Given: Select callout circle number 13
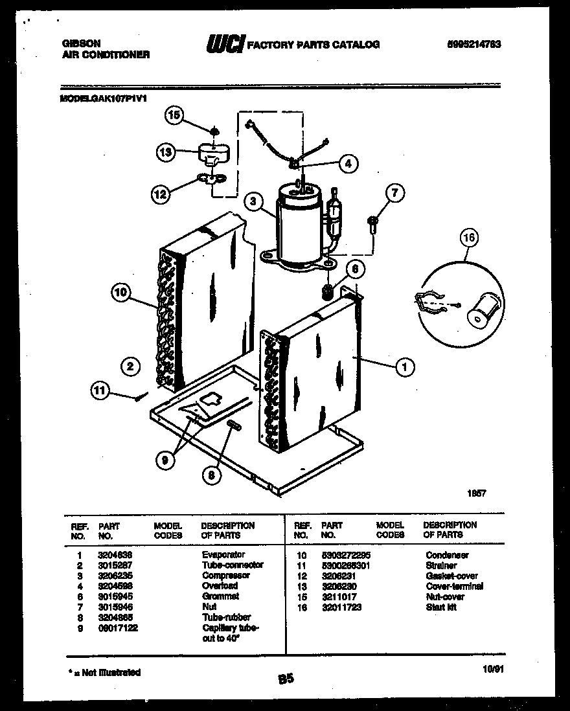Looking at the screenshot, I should (x=166, y=153).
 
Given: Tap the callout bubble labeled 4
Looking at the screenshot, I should (x=348, y=164).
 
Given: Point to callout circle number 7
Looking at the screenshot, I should (x=394, y=193).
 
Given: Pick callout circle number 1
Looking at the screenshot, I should (x=405, y=368).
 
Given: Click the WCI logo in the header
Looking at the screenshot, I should (x=224, y=44).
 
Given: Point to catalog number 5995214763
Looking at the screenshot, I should (x=474, y=45).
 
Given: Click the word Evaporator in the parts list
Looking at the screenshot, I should (x=223, y=555).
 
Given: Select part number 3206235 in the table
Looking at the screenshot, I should (x=113, y=576).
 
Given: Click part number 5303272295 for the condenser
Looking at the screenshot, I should (x=345, y=556).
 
